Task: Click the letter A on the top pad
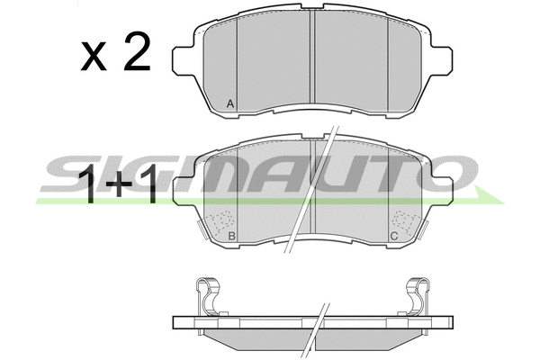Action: pyautogui.click(x=230, y=103)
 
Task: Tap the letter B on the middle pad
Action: pyautogui.click(x=232, y=237)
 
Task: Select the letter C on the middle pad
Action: pyautogui.click(x=394, y=237)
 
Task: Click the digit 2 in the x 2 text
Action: pyautogui.click(x=137, y=51)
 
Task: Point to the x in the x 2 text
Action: pyautogui.click(x=94, y=58)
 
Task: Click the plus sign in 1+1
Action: pyautogui.click(x=119, y=184)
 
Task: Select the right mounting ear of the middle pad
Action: pyautogui.click(x=442, y=191)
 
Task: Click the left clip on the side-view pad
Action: pyautogui.click(x=208, y=296)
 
